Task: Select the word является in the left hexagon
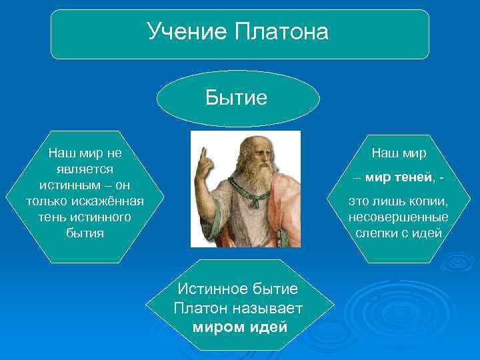(x=85, y=169)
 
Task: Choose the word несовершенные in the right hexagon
(x=398, y=217)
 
